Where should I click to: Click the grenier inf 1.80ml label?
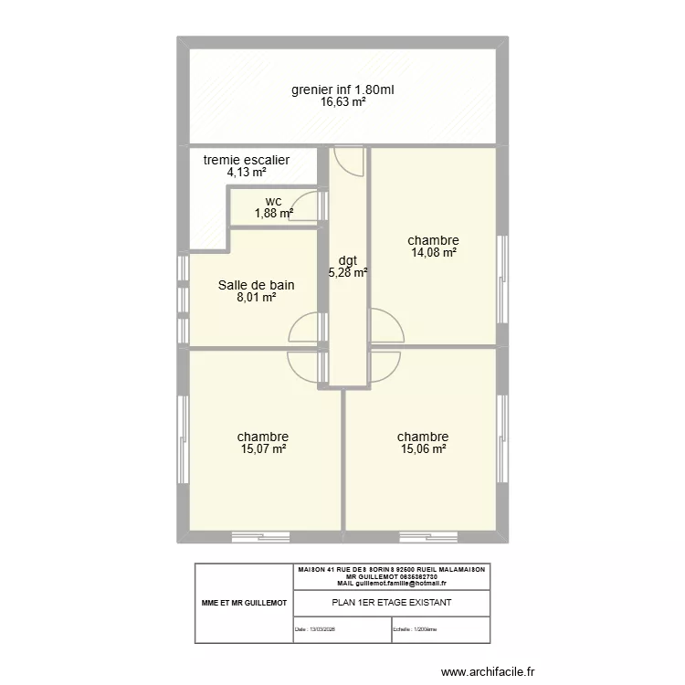pos(342,90)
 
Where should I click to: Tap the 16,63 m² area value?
pos(342,103)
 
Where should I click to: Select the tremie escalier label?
pos(247,160)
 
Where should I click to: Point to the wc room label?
pos(273,201)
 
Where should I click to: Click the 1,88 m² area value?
pos(273,214)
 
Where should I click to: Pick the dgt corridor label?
pos(347,259)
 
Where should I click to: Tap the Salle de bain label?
pos(256,285)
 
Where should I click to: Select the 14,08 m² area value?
pos(433,254)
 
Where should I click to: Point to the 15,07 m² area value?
pos(263,449)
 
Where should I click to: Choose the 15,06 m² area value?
pos(423,449)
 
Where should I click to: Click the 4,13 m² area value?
pos(247,173)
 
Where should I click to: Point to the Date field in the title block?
pos(315,629)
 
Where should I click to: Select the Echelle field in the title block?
pos(416,629)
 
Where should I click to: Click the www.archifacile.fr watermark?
pos(490,672)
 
